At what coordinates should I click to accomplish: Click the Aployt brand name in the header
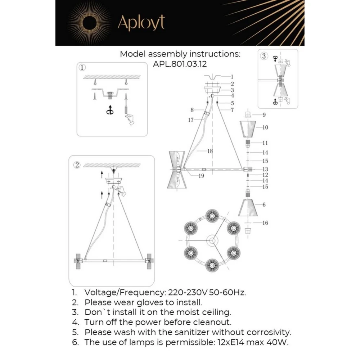(141, 23)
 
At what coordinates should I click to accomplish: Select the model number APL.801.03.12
(180, 64)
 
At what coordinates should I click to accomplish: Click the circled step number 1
(82, 67)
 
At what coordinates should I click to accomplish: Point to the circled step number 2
(77, 165)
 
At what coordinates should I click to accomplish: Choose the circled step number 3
(264, 56)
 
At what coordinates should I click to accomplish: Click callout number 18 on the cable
(210, 151)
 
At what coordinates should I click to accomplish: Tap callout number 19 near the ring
(201, 176)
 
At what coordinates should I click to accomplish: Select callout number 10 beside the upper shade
(265, 127)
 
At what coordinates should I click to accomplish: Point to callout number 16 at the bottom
(265, 223)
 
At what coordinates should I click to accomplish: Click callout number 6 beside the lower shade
(264, 204)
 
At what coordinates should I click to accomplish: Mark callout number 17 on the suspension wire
(191, 120)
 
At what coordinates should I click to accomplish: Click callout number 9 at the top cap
(264, 115)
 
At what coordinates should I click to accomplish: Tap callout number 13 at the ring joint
(265, 169)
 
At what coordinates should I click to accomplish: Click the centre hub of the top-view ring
(212, 240)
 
